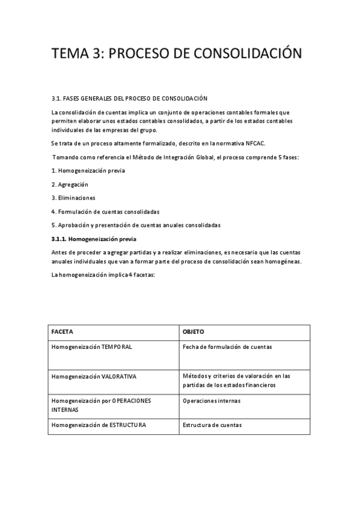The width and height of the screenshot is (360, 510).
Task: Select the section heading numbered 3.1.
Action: [129, 97]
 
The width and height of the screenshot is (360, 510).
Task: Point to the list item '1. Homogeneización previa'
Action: [88, 170]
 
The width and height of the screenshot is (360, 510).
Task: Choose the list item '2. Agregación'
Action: [70, 184]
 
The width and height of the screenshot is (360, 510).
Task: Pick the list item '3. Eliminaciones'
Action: [73, 197]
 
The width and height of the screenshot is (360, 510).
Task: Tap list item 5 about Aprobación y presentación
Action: [136, 225]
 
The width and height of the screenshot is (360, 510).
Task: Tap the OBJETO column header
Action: [194, 332]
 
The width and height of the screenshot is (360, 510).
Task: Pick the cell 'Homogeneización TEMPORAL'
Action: [92, 347]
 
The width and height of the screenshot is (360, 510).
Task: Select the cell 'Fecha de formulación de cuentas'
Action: [227, 347]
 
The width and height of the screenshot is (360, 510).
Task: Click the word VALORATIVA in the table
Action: [119, 376]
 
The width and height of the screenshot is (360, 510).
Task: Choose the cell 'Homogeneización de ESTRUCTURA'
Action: [99, 425]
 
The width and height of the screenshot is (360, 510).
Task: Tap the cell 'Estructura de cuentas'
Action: [212, 425]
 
